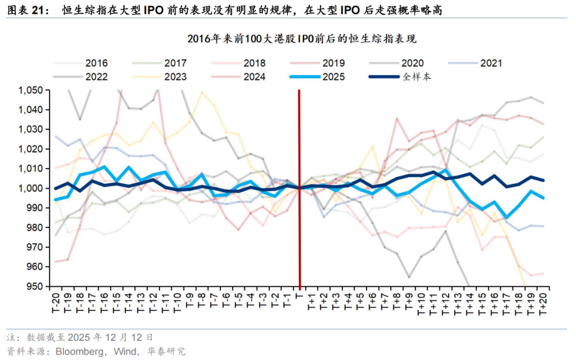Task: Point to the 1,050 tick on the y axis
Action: click(x=30, y=90)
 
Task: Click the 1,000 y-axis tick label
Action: click(x=30, y=188)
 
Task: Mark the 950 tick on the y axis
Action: click(x=35, y=286)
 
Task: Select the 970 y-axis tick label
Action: click(x=35, y=247)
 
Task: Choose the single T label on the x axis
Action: click(x=299, y=297)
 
